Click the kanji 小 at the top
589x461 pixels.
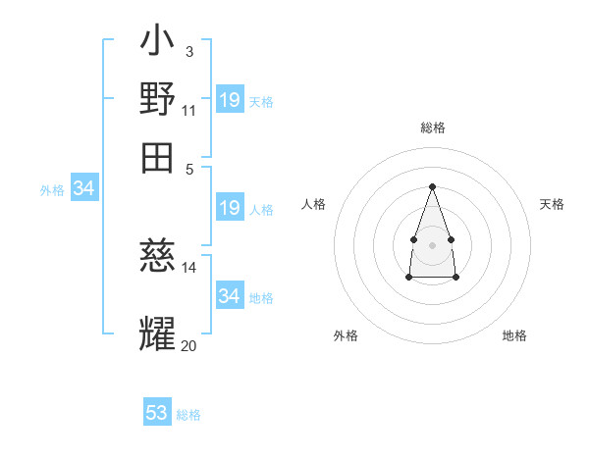pyautogui.click(x=157, y=39)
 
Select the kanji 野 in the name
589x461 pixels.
pyautogui.click(x=157, y=98)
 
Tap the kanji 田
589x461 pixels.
pyautogui.click(x=157, y=158)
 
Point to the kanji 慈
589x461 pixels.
pyautogui.click(x=157, y=255)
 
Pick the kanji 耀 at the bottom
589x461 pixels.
pyautogui.click(x=157, y=333)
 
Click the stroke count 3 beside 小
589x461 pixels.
pyautogui.click(x=189, y=52)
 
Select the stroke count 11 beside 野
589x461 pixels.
pyautogui.click(x=188, y=111)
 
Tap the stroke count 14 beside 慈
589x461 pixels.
pyautogui.click(x=188, y=268)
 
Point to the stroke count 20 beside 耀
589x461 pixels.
pyautogui.click(x=188, y=345)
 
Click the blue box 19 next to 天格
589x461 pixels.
pyautogui.click(x=230, y=99)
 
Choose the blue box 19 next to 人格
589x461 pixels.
pyautogui.click(x=230, y=207)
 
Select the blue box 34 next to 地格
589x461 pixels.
pyautogui.click(x=230, y=294)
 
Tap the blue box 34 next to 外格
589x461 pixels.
pyautogui.click(x=84, y=187)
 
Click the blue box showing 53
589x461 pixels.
pyautogui.click(x=157, y=411)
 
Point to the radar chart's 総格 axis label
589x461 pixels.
pyautogui.click(x=433, y=128)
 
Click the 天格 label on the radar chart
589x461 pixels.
pyautogui.click(x=552, y=204)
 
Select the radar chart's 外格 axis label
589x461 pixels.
pyautogui.click(x=346, y=335)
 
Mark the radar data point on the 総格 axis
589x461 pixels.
pyautogui.click(x=432, y=186)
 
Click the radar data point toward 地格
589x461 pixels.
pyautogui.click(x=455, y=277)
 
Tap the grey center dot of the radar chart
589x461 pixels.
pyautogui.click(x=432, y=245)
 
